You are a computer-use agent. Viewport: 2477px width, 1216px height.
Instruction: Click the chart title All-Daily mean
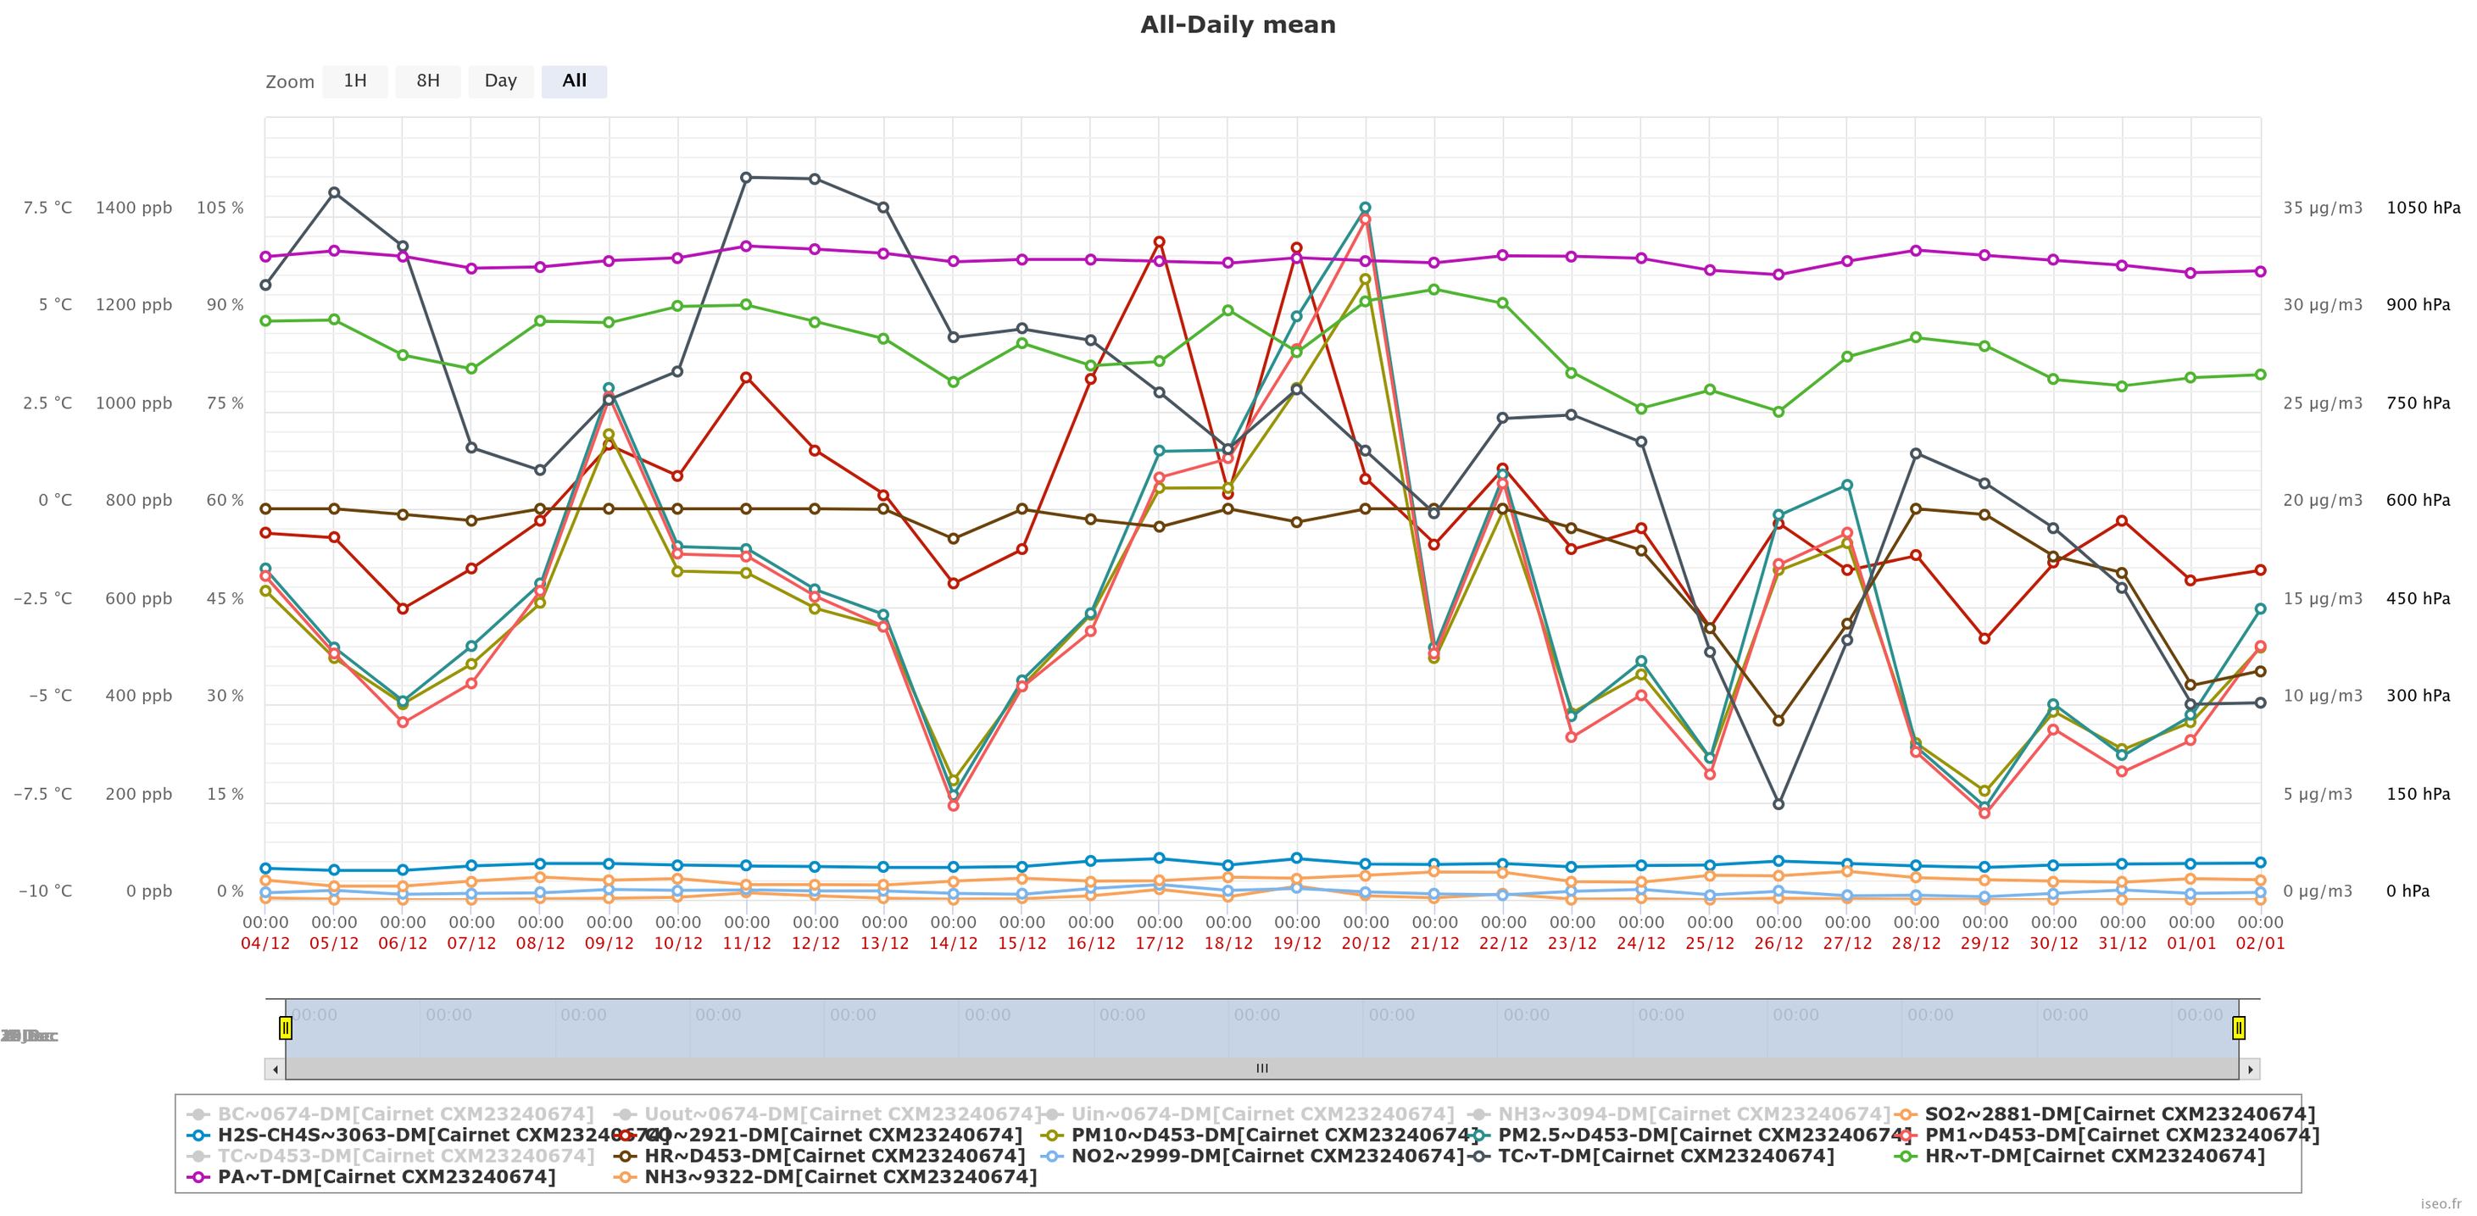click(x=1238, y=25)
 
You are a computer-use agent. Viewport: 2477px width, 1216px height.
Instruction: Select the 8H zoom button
click(x=428, y=81)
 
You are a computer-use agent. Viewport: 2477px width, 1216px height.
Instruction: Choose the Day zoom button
click(x=500, y=81)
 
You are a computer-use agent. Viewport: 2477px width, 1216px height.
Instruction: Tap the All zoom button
click(x=574, y=81)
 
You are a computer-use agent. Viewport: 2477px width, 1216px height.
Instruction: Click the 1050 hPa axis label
click(x=2423, y=208)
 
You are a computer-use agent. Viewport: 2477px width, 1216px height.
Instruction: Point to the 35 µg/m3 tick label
click(x=2322, y=208)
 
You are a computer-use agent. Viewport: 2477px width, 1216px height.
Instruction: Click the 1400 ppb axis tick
click(x=134, y=208)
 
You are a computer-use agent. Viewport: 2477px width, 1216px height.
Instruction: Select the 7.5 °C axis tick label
click(x=48, y=208)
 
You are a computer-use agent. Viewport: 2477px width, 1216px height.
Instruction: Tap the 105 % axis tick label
click(x=220, y=208)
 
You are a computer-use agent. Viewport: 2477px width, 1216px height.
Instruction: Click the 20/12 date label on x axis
click(x=1366, y=943)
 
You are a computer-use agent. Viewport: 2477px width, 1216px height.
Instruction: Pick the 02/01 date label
click(x=2260, y=943)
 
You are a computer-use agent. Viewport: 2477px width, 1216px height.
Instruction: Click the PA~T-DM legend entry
click(x=386, y=1176)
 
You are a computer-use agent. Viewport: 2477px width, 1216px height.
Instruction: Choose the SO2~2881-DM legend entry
click(x=2119, y=1114)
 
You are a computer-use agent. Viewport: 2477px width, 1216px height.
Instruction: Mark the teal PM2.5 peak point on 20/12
click(x=1366, y=208)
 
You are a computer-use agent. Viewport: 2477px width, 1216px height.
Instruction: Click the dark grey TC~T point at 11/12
click(x=746, y=177)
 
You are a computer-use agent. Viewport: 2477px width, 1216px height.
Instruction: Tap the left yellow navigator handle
click(x=286, y=1028)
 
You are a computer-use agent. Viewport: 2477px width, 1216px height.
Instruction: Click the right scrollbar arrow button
click(x=2249, y=1069)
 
